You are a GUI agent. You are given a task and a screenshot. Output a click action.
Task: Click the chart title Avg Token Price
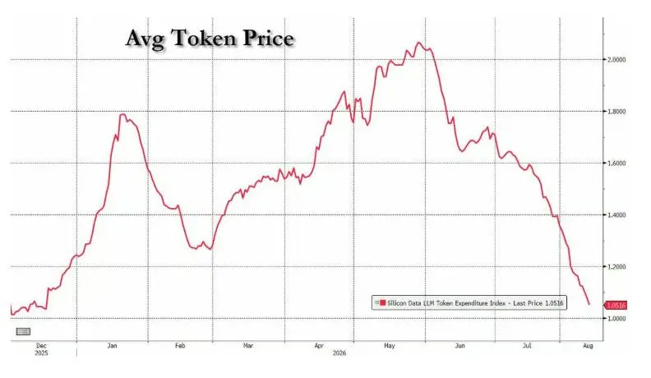pyautogui.click(x=210, y=39)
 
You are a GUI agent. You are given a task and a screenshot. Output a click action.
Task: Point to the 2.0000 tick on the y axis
pyautogui.click(x=616, y=60)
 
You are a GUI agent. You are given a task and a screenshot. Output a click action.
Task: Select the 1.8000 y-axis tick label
pyautogui.click(x=616, y=112)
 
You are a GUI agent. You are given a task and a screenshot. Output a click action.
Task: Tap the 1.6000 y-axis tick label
pyautogui.click(x=616, y=164)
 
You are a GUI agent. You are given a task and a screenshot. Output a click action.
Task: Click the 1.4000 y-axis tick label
pyautogui.click(x=616, y=215)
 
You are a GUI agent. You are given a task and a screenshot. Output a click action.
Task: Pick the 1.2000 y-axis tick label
pyautogui.click(x=616, y=267)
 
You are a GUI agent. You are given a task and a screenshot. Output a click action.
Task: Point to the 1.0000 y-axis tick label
pyautogui.click(x=616, y=319)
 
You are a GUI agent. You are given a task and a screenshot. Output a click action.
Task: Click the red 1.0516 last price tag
pyautogui.click(x=616, y=306)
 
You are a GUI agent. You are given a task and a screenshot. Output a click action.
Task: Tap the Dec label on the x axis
pyautogui.click(x=42, y=346)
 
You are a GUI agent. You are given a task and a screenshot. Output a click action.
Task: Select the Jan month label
pyautogui.click(x=112, y=346)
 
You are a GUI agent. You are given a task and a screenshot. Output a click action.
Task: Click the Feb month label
pyautogui.click(x=180, y=346)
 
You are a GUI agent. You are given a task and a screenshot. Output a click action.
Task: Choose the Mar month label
pyautogui.click(x=248, y=346)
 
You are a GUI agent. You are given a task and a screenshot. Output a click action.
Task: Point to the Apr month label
pyautogui.click(x=319, y=346)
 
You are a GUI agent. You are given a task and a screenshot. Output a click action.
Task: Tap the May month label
pyautogui.click(x=390, y=346)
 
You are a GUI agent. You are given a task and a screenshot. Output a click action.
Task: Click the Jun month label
pyautogui.click(x=459, y=346)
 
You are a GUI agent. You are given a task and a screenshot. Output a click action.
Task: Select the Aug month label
pyautogui.click(x=588, y=346)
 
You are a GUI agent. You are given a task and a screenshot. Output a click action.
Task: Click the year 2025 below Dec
pyautogui.click(x=42, y=353)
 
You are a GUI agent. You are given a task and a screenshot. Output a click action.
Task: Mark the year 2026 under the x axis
pyautogui.click(x=339, y=353)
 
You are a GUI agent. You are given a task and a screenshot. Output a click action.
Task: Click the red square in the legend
pyautogui.click(x=382, y=303)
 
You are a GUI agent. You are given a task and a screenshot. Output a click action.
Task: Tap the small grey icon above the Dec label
pyautogui.click(x=23, y=331)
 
